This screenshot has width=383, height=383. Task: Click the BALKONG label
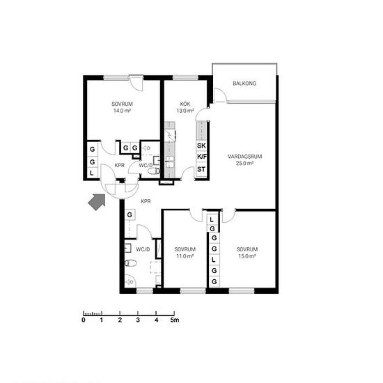pyautogui.click(x=244, y=84)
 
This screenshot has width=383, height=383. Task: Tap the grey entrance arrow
pyautogui.click(x=97, y=201)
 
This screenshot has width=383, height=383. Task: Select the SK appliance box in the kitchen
pyautogui.click(x=201, y=146)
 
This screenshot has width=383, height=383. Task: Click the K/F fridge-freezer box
pyautogui.click(x=201, y=157)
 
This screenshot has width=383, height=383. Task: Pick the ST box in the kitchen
pyautogui.click(x=201, y=169)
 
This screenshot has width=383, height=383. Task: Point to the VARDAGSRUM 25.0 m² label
pyautogui.click(x=244, y=159)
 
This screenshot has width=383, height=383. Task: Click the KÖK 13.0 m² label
pyautogui.click(x=185, y=107)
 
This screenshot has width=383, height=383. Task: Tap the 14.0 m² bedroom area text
pyautogui.click(x=122, y=111)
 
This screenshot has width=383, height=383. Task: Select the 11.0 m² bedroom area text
pyautogui.click(x=185, y=256)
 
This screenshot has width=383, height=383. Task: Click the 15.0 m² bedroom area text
pyautogui.click(x=247, y=256)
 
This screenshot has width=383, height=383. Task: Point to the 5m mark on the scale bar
pyautogui.click(x=175, y=320)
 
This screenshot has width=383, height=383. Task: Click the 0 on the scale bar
pyautogui.click(x=84, y=320)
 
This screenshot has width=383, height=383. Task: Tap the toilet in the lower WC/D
pyautogui.click(x=131, y=263)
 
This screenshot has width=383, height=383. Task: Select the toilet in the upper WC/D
pyautogui.click(x=154, y=171)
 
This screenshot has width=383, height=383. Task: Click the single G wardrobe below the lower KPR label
pyautogui.click(x=130, y=214)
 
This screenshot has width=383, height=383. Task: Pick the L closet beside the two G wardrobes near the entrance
pyautogui.click(x=92, y=173)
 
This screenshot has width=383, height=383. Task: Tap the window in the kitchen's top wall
pyautogui.click(x=185, y=78)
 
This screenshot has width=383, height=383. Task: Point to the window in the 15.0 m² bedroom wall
pyautogui.click(x=242, y=291)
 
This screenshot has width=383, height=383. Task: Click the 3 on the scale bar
pyautogui.click(x=138, y=320)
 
